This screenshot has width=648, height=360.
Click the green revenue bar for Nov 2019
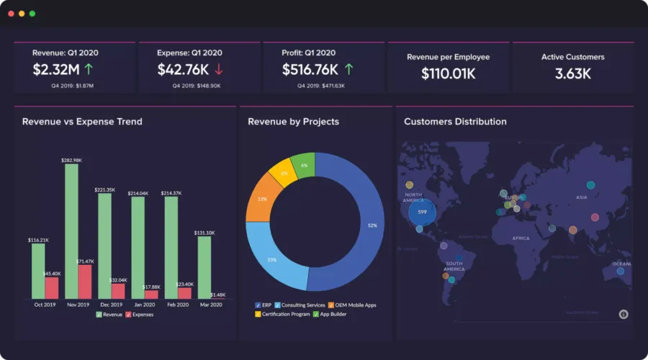point(71,230)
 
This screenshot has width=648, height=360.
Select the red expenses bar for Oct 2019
point(52,288)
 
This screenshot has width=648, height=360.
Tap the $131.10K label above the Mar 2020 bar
point(204,233)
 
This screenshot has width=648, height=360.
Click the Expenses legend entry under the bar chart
point(140,315)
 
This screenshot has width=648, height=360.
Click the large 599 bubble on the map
point(423,212)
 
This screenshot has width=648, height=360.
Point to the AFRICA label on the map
point(521,238)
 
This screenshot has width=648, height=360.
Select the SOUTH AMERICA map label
point(454,266)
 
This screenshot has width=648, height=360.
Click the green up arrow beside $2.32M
point(89,70)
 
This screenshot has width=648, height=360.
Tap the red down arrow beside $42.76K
point(219,70)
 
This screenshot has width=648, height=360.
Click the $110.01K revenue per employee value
point(449,73)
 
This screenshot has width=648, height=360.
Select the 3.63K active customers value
point(573,73)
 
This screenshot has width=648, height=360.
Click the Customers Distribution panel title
point(455,122)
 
